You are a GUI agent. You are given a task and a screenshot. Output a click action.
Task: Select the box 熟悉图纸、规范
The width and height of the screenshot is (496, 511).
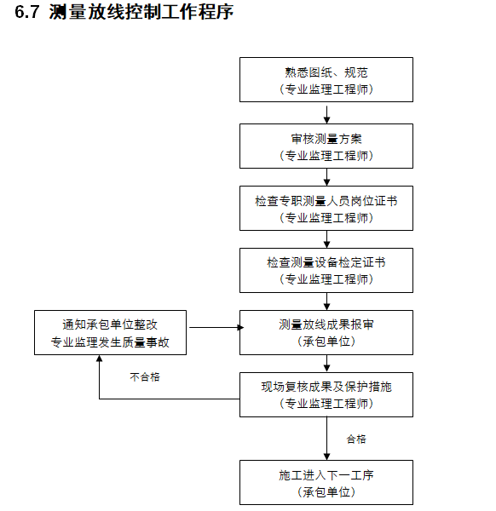[x=326, y=80]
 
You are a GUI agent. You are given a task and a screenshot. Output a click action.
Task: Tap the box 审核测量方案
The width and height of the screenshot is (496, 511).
[x=326, y=146]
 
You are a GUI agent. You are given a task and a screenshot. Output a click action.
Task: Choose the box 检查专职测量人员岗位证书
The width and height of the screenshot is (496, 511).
[x=326, y=208]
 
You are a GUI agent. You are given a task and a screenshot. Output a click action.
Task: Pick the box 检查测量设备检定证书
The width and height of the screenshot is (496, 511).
[x=326, y=270]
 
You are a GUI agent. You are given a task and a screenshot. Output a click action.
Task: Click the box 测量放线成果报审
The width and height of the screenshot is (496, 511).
[x=326, y=332]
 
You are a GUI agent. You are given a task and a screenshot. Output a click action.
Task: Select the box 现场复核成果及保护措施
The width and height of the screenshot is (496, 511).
[x=326, y=394]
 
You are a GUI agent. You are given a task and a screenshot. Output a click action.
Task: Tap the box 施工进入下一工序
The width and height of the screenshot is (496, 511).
[x=326, y=483]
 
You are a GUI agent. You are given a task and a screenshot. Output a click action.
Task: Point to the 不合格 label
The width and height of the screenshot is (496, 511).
[x=145, y=376]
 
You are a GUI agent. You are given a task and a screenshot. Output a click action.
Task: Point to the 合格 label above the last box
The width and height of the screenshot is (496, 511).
[x=356, y=439]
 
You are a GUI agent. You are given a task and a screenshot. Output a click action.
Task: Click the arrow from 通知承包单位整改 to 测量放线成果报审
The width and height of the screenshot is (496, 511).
[x=214, y=327]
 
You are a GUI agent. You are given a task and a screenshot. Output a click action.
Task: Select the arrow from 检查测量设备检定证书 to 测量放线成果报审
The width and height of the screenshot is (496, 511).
[x=326, y=301]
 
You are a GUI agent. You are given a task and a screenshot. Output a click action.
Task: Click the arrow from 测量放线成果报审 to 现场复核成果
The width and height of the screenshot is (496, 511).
[x=326, y=364]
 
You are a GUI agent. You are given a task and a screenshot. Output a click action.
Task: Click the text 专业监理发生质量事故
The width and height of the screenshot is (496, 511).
[x=110, y=342]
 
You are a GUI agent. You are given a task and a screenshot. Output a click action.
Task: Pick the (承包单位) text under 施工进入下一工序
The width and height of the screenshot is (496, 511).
[x=326, y=491]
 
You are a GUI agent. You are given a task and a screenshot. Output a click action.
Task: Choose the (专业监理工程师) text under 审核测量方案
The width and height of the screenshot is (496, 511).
[x=326, y=155]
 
